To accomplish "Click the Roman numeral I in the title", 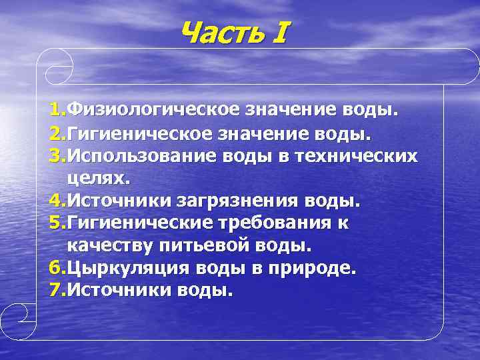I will tap(279, 31).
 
